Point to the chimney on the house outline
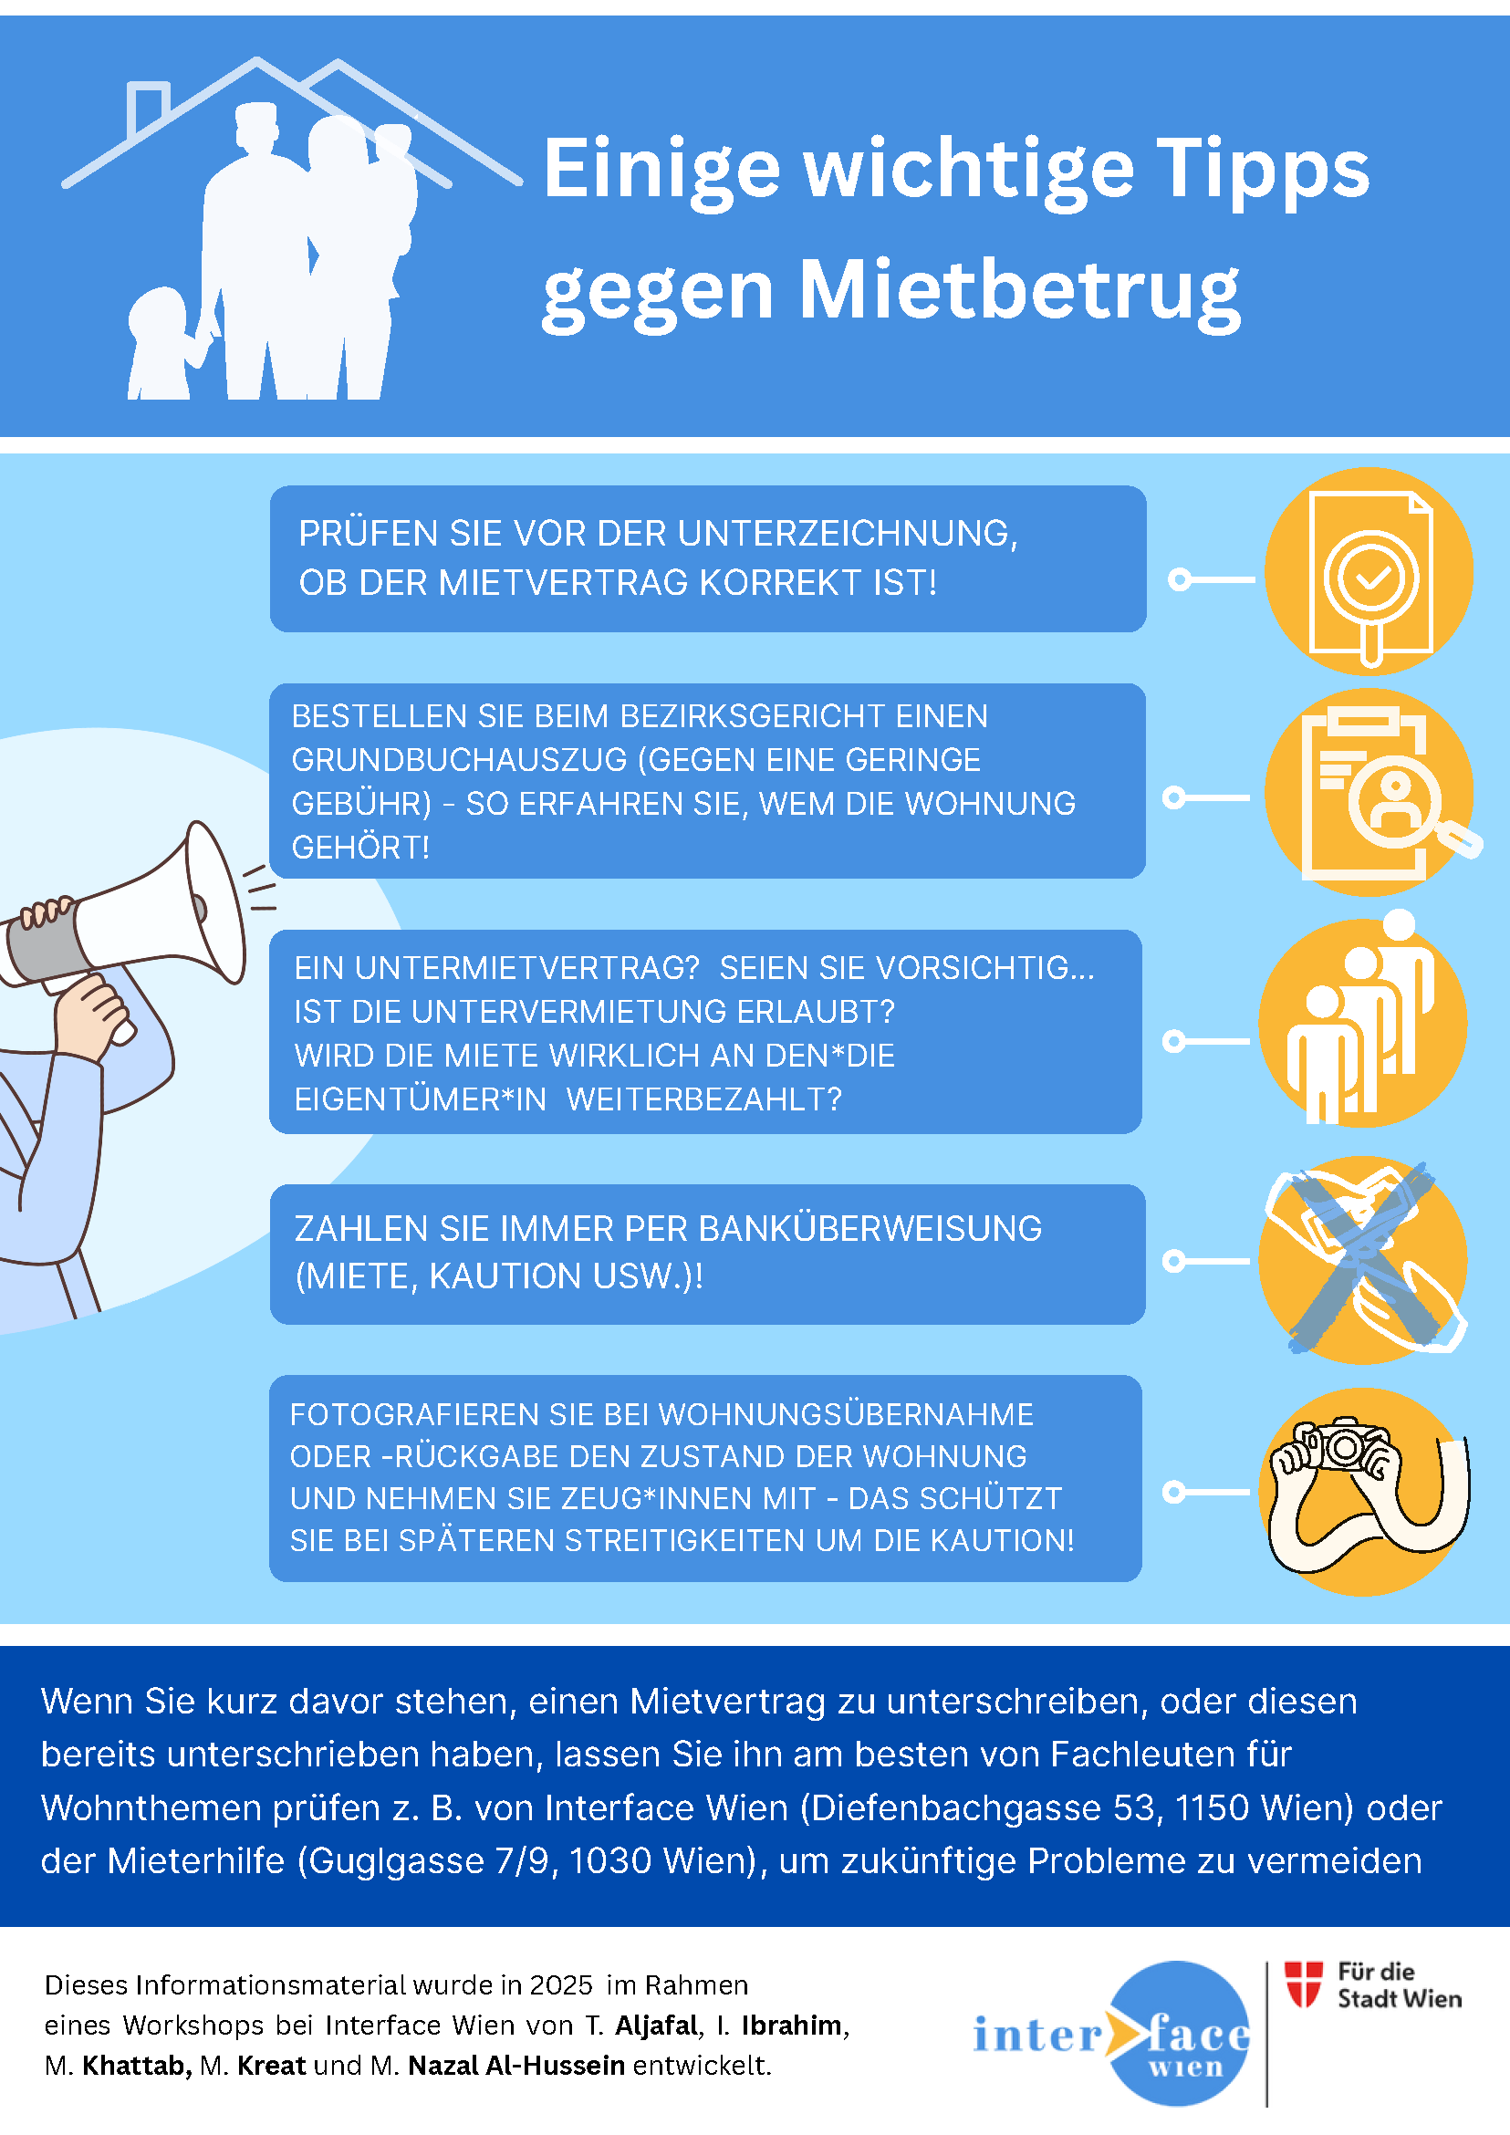pos(149,106)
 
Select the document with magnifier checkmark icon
pos(1369,572)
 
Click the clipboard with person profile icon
pos(1369,792)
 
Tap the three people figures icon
pos(1363,1021)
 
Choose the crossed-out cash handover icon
pos(1363,1260)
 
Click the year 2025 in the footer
pos(561,1985)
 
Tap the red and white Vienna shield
pos(1304,1984)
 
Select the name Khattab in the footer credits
pos(137,2066)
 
